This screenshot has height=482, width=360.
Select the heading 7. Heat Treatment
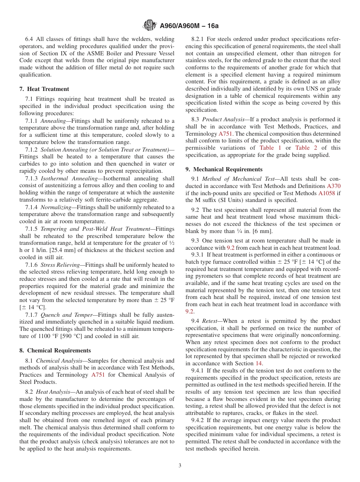pos(44,89)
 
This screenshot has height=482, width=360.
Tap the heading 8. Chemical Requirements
pos(55,351)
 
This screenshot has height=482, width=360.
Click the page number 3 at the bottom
pos(180,466)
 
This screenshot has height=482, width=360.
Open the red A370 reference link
pos(333,186)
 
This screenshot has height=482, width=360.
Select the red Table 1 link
pos(270,148)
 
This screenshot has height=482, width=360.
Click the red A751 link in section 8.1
pos(98,375)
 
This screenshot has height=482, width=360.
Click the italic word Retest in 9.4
pos(210,321)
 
